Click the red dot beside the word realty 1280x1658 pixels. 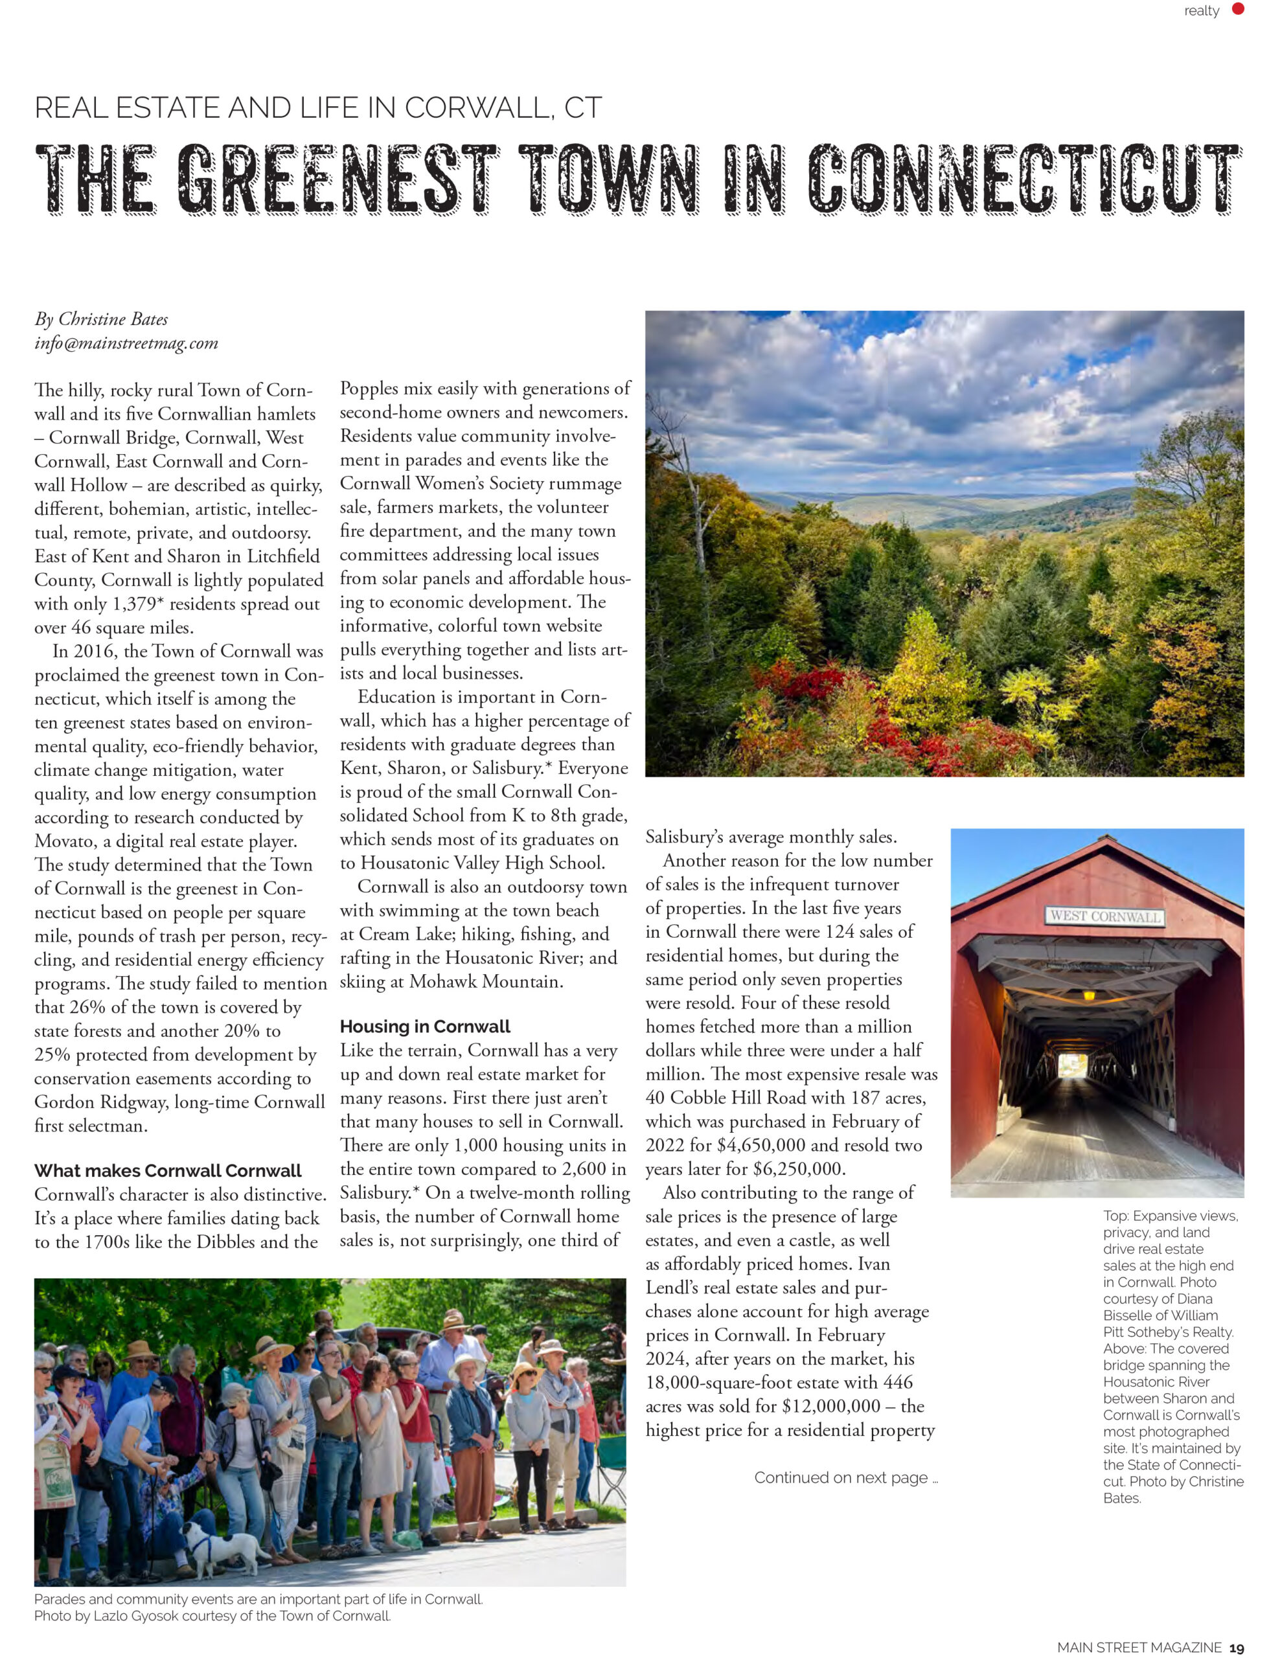tap(1239, 10)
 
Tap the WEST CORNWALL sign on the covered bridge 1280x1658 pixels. tap(1104, 916)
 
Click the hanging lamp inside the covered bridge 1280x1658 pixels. tap(1090, 995)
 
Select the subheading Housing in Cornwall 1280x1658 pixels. tap(424, 1027)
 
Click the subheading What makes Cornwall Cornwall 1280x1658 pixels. tap(168, 1170)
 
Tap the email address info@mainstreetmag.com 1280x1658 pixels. tap(126, 343)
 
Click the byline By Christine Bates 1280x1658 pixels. tap(101, 319)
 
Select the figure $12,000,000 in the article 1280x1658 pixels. tap(830, 1406)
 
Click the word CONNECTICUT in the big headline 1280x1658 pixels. tap(1023, 179)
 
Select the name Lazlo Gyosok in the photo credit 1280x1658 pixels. tap(135, 1615)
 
